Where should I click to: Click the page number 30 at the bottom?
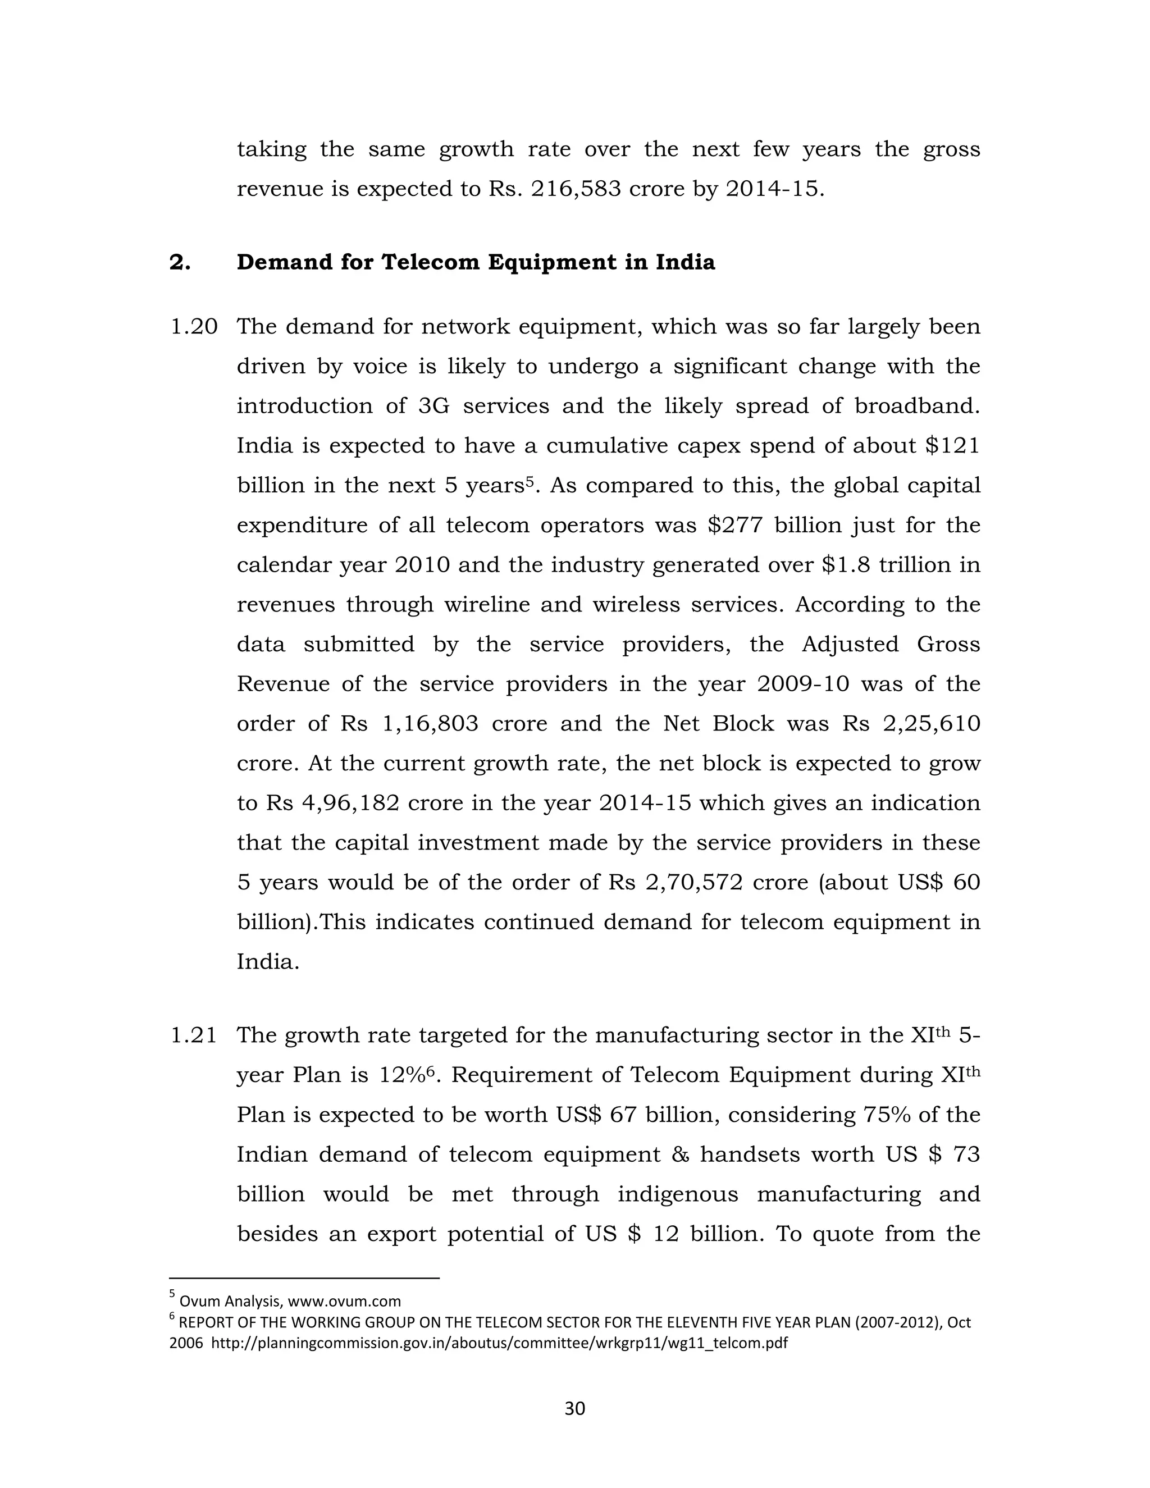pos(574,1408)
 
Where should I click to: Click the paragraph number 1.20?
pos(194,326)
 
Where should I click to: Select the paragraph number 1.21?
pos(194,1035)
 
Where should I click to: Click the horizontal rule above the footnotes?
pos(304,1278)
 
